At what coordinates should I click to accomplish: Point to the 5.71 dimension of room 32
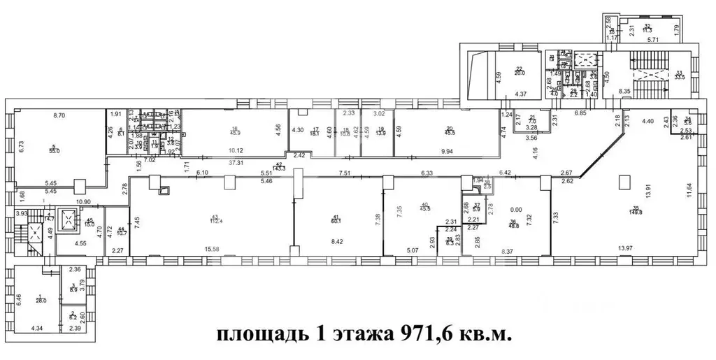coord(653,41)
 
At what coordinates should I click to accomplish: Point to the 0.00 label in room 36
coord(517,209)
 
